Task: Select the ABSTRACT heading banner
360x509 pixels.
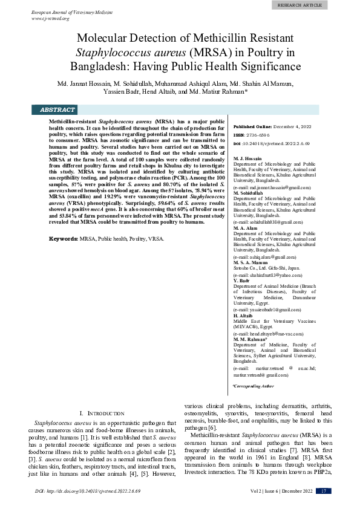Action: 57,110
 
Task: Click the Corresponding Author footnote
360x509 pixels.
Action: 254,385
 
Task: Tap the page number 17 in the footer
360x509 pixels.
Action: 325,491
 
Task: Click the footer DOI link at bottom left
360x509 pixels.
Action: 88,491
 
